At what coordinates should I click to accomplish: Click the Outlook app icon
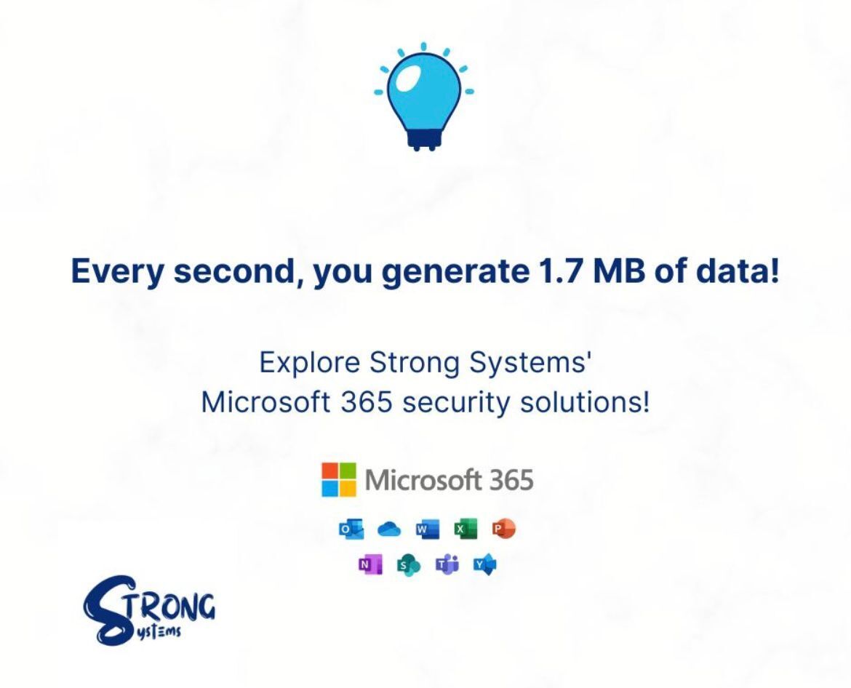[351, 529]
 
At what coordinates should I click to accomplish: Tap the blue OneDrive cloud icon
[389, 529]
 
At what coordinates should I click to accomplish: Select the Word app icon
[427, 529]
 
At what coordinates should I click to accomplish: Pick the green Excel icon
[465, 529]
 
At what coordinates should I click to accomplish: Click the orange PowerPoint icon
[503, 529]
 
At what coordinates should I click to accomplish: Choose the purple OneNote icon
[370, 564]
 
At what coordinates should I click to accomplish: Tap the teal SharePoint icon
[408, 565]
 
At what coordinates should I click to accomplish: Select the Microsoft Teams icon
[447, 564]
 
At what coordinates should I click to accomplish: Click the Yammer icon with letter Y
[484, 564]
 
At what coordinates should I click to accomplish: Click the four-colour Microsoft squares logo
[339, 480]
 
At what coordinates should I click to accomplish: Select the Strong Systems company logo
[149, 609]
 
